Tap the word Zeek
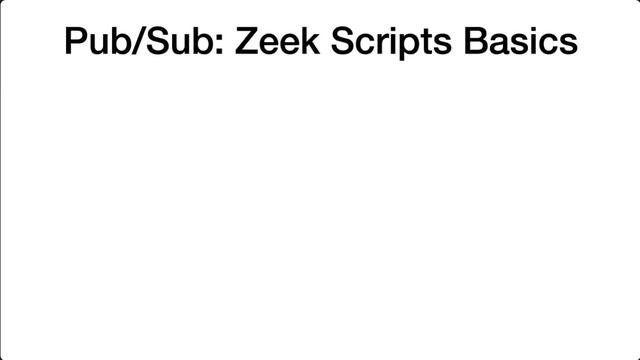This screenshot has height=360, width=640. [x=277, y=40]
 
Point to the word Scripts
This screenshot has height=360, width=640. [x=391, y=42]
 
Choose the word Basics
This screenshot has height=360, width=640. [x=520, y=40]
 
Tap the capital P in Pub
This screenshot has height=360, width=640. [x=77, y=40]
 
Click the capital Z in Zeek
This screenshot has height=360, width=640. [x=246, y=40]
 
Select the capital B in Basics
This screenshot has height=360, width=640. [x=477, y=40]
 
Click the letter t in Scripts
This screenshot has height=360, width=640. [x=427, y=42]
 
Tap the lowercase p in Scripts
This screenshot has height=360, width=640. [x=408, y=47]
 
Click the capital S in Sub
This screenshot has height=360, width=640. [x=158, y=40]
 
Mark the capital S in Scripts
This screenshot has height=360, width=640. [x=343, y=40]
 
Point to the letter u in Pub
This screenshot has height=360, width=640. [x=99, y=44]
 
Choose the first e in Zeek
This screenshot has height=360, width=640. [x=269, y=44]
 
